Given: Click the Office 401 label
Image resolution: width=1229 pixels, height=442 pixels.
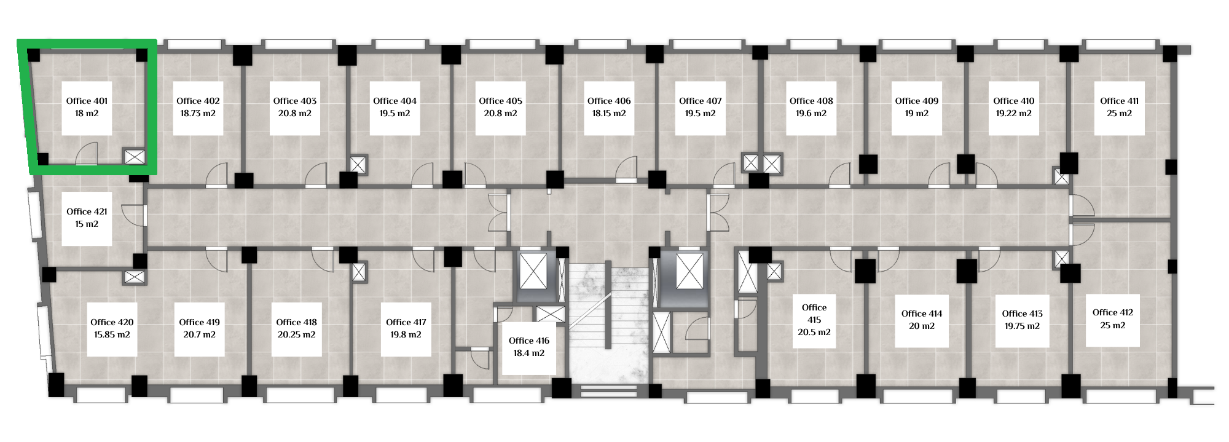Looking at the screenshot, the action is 87,101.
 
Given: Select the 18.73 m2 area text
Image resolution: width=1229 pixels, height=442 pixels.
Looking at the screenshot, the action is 198,113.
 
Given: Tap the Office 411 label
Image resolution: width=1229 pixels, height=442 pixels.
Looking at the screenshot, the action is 1119,101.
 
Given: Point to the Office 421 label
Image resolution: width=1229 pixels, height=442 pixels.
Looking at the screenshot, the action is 87,211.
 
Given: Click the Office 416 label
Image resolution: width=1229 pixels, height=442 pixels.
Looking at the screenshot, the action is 529,341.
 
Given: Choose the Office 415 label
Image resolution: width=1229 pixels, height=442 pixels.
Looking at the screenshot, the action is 814,314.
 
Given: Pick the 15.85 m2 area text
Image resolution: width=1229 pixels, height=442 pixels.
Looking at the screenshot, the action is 112,334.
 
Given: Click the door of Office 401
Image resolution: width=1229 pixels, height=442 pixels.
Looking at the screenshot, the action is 87,154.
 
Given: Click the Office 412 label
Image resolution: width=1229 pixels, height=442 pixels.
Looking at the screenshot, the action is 1113,312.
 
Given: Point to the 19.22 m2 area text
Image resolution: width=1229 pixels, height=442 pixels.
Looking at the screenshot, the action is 1013,113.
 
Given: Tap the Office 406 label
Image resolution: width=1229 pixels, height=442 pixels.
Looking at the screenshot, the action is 609,101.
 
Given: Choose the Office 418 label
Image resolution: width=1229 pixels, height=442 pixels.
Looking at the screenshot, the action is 296,322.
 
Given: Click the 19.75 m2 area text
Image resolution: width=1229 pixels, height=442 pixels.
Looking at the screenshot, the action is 1022,326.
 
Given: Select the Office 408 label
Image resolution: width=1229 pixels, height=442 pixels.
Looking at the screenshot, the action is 811,101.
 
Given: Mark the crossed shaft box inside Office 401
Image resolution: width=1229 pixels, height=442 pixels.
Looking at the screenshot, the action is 135,157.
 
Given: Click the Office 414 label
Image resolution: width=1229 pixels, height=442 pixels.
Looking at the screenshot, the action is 922,314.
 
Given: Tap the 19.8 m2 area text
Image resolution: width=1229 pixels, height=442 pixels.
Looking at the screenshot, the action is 406,334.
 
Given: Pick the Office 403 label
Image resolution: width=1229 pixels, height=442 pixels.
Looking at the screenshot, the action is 295,101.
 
